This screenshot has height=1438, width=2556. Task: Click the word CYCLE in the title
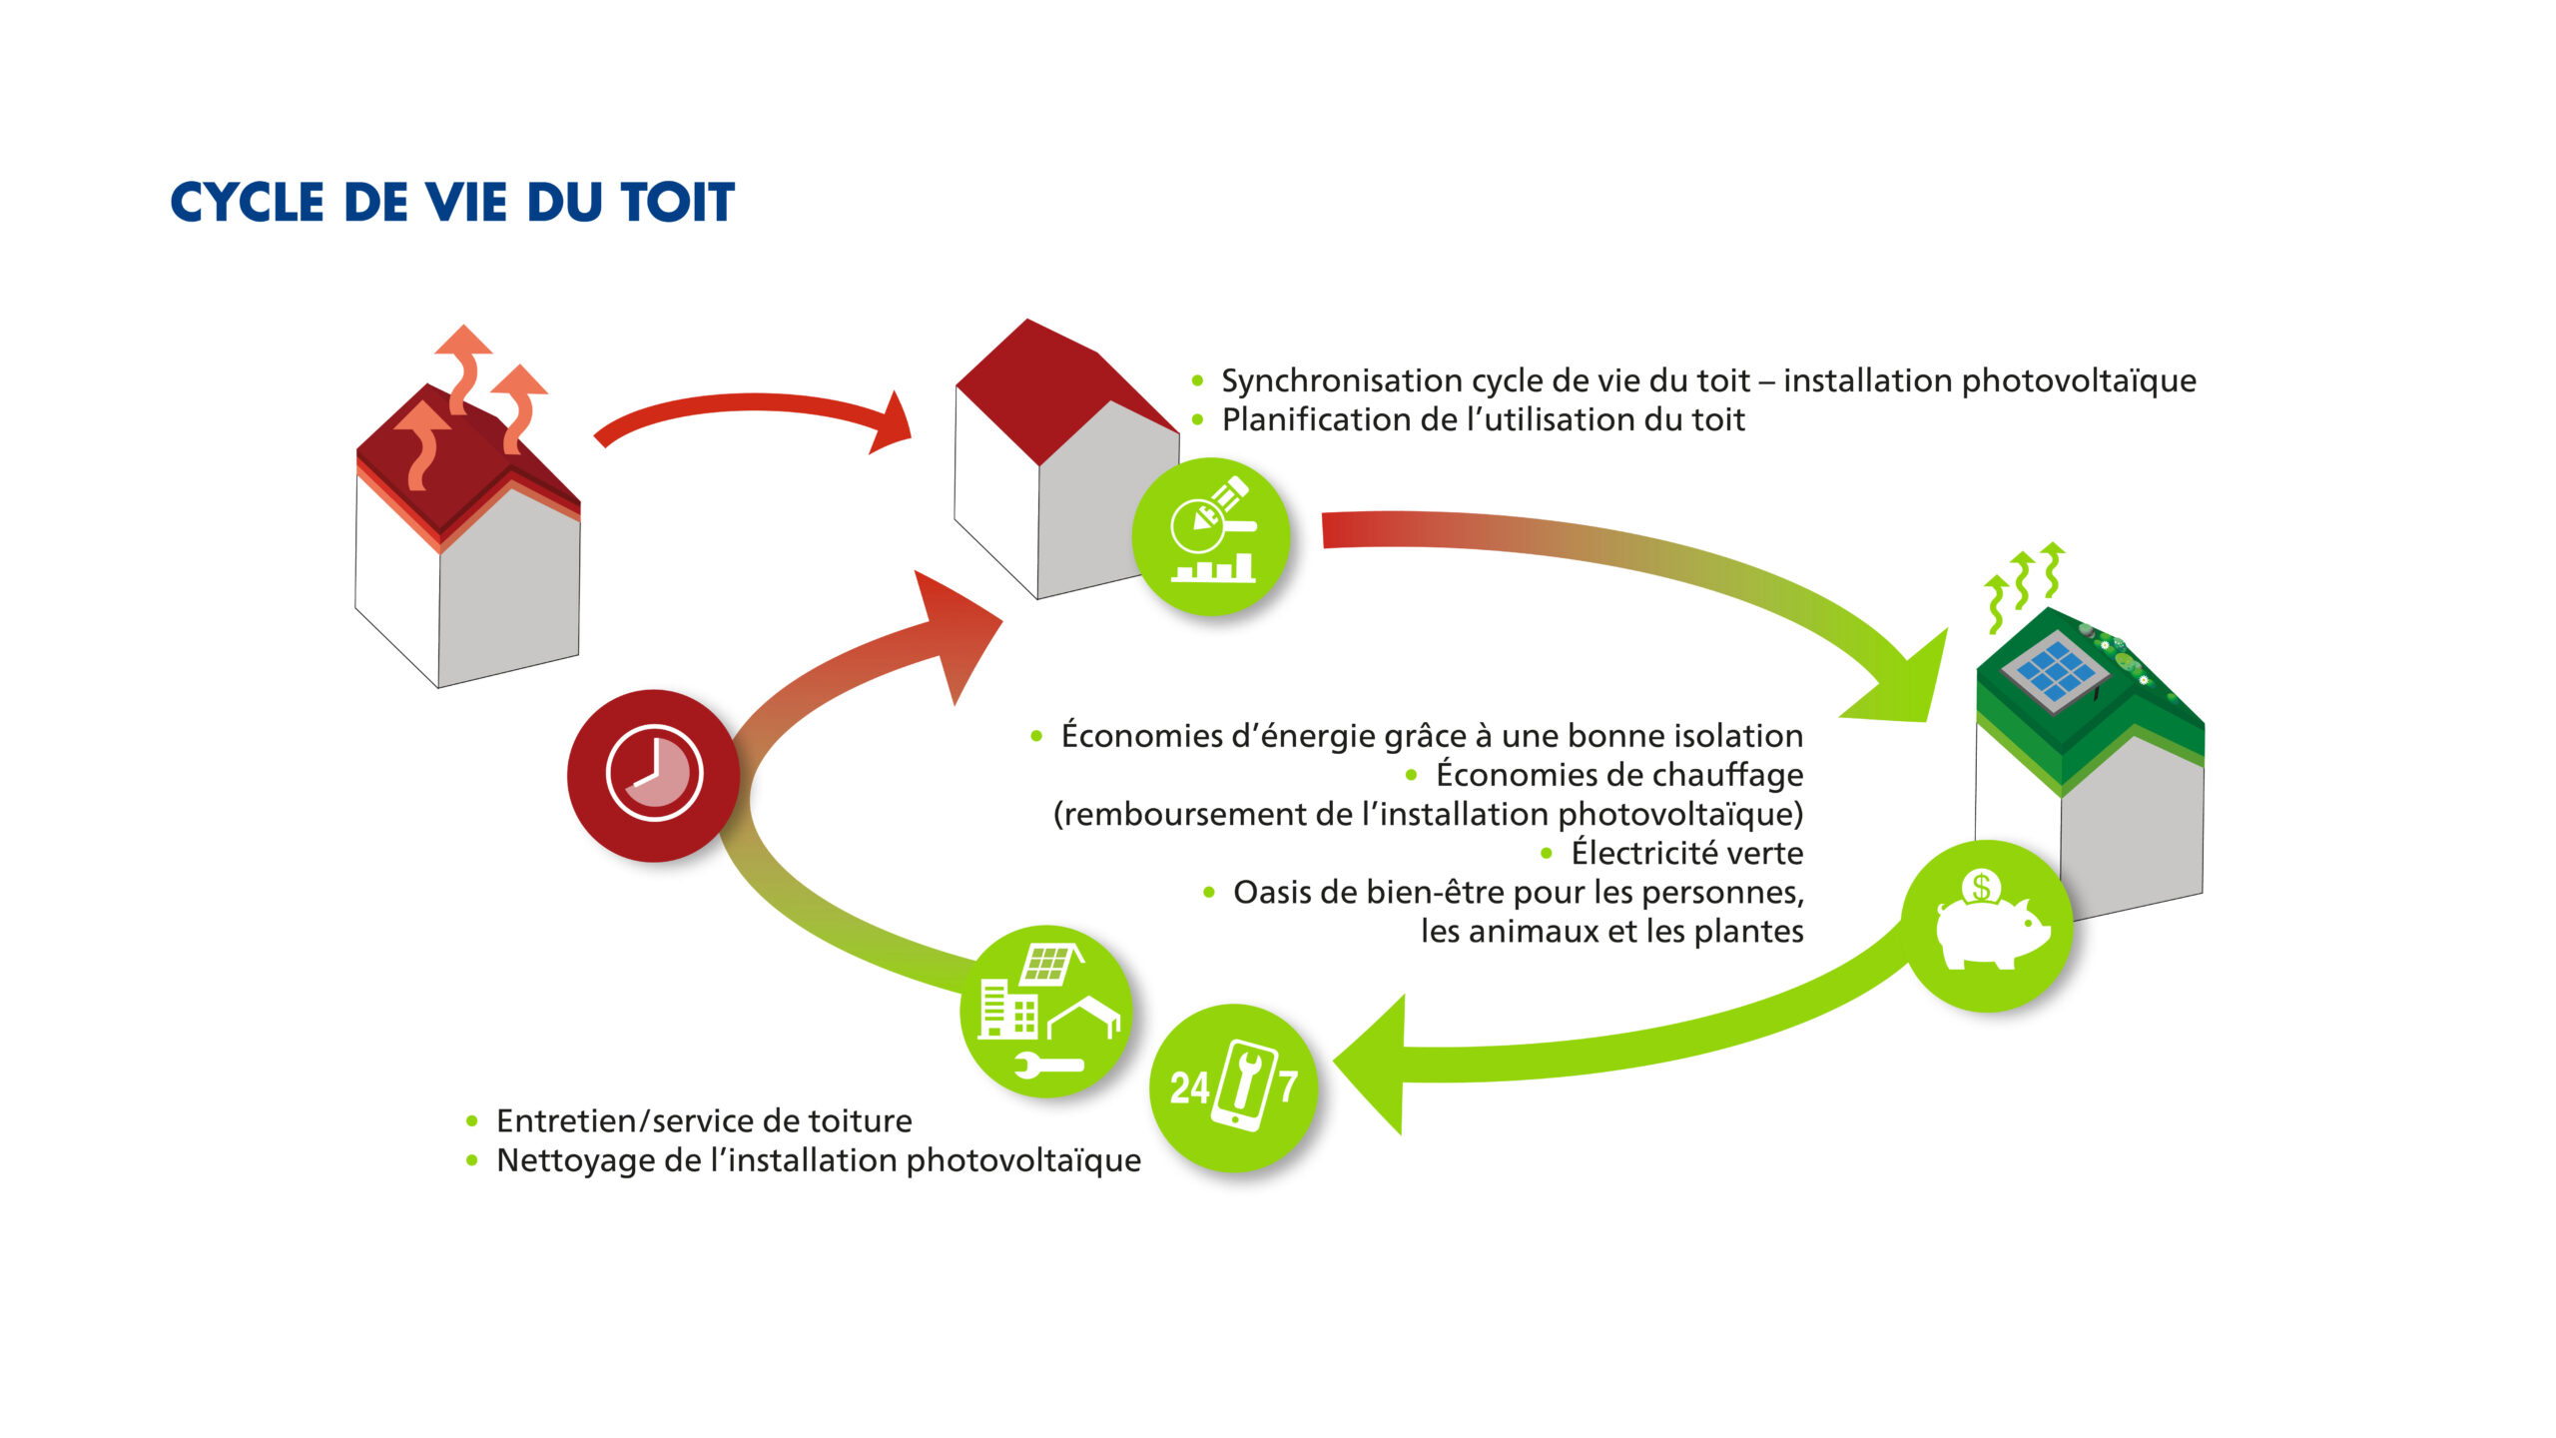point(248,202)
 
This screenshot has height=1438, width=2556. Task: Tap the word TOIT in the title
point(678,202)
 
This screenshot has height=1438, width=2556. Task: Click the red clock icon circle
point(654,775)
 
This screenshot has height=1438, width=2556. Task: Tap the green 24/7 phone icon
point(1235,1087)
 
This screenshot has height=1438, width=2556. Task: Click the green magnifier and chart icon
point(1211,536)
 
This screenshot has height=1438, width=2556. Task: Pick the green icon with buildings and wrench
point(1046,1011)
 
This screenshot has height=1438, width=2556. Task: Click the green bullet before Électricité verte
point(1547,853)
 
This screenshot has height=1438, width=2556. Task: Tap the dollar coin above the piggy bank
point(1981,887)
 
